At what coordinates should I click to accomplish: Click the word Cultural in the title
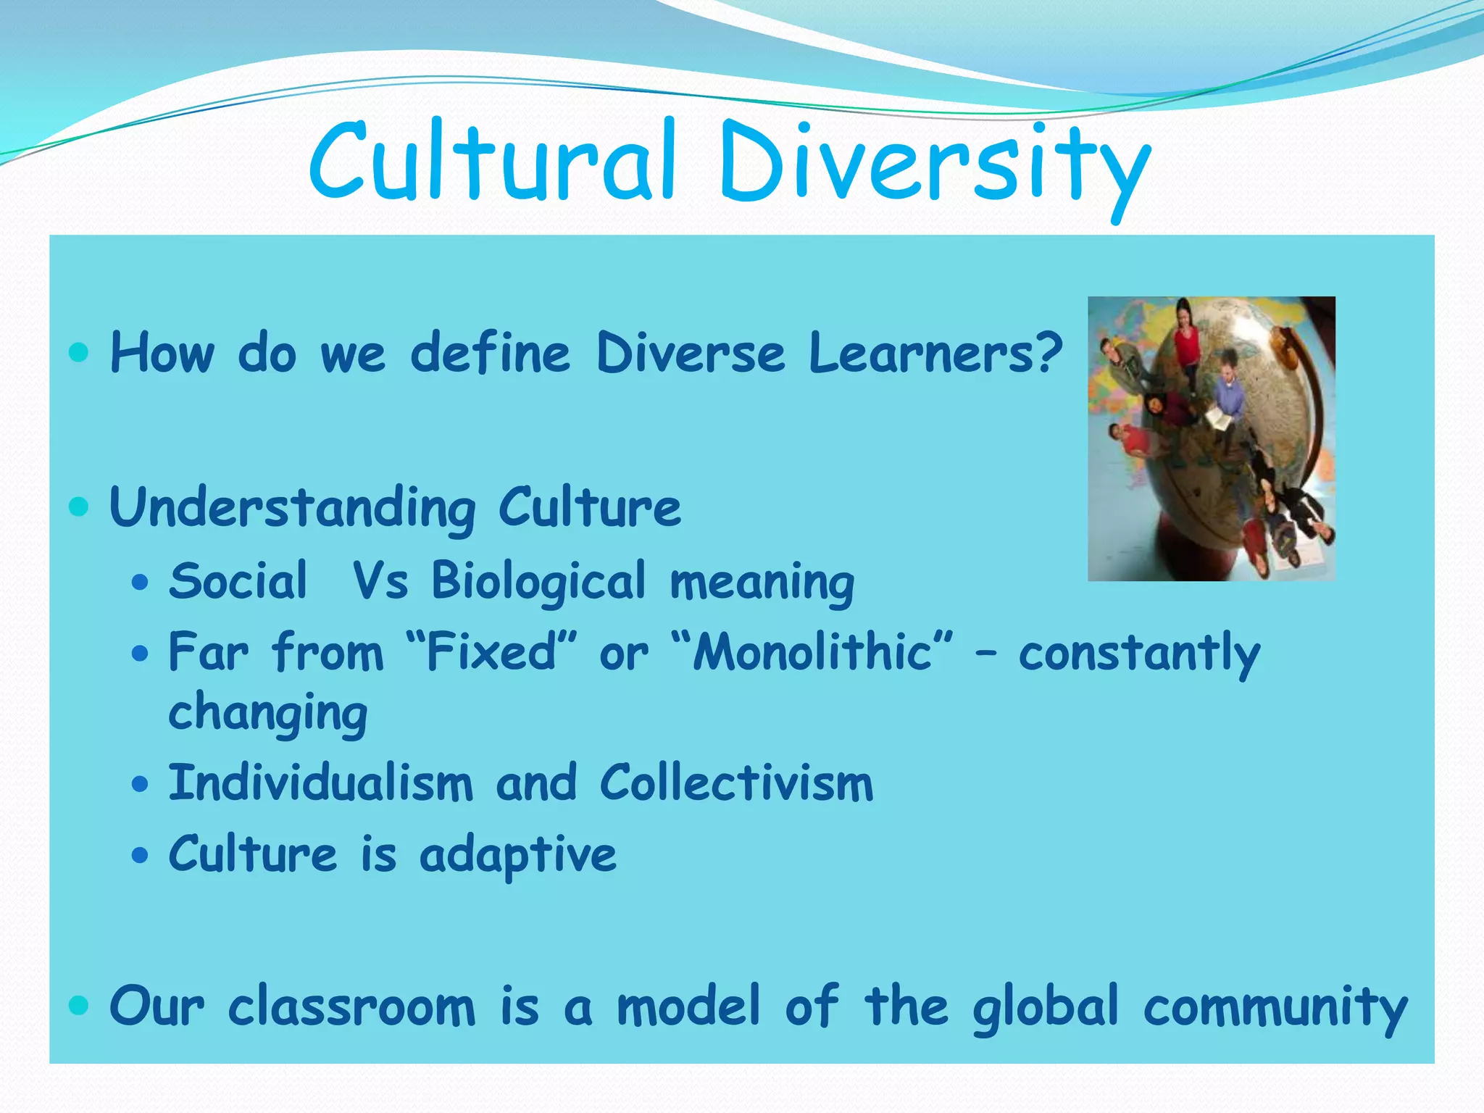(493, 161)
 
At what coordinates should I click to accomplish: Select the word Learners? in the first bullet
(935, 353)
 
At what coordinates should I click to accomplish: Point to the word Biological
(538, 582)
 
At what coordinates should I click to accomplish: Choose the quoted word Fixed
(491, 652)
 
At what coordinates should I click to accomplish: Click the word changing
(267, 713)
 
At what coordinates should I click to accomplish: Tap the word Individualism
(320, 784)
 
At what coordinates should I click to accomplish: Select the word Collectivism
(736, 784)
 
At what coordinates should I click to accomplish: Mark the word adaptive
(518, 855)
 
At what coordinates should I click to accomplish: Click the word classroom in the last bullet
(351, 1007)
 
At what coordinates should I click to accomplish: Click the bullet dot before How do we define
(78, 353)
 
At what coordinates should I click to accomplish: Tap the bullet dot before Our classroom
(78, 1005)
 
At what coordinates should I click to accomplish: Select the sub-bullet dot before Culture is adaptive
(140, 855)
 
